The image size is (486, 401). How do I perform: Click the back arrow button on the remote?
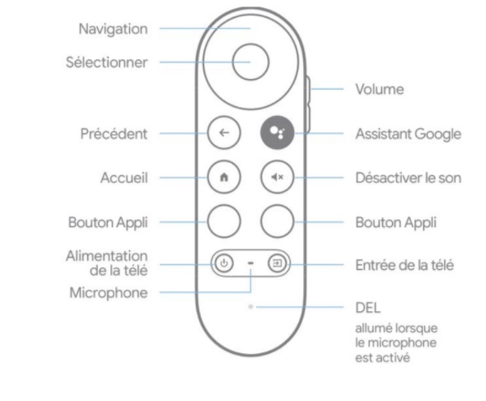pyautogui.click(x=224, y=133)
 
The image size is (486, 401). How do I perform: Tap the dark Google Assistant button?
pyautogui.click(x=277, y=133)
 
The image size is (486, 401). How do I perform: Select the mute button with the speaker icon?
pyautogui.click(x=277, y=177)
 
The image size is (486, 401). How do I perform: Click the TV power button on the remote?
pyautogui.click(x=224, y=263)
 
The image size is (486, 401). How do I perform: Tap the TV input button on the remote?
pyautogui.click(x=277, y=263)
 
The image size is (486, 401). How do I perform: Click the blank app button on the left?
pyautogui.click(x=224, y=221)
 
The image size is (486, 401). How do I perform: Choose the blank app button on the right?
pyautogui.click(x=277, y=221)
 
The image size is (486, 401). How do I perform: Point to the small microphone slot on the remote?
pyautogui.click(x=250, y=263)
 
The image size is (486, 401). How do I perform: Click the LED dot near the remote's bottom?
pyautogui.click(x=250, y=307)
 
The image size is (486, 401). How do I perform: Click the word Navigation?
pyautogui.click(x=113, y=29)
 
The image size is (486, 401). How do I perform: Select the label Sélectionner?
pyautogui.click(x=106, y=63)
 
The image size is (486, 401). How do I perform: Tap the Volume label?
pyautogui.click(x=380, y=89)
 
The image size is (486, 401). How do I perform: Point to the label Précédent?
pyautogui.click(x=114, y=134)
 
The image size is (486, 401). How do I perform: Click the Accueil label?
pyautogui.click(x=124, y=178)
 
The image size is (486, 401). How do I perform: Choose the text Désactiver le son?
pyautogui.click(x=409, y=178)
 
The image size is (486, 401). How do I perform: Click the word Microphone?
pyautogui.click(x=109, y=293)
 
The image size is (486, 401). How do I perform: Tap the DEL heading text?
pyautogui.click(x=368, y=308)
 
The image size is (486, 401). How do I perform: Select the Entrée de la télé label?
pyautogui.click(x=404, y=265)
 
